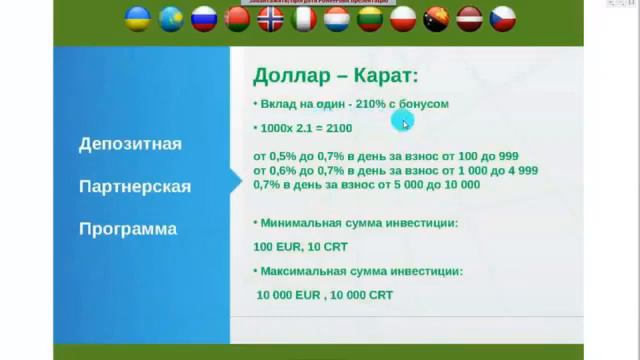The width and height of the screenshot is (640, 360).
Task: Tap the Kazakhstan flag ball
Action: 172,18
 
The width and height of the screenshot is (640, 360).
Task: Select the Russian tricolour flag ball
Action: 205,18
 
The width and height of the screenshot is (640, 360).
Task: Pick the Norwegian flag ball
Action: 271,18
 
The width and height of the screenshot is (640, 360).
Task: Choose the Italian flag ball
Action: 304,18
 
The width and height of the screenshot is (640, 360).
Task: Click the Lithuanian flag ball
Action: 370,18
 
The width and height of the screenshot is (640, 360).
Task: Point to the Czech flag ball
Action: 502,18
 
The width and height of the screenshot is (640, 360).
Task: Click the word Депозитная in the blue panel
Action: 130,145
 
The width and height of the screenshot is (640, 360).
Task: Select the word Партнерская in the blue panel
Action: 134,187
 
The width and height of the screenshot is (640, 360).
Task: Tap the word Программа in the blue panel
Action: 128,229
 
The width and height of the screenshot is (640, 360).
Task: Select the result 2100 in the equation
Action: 337,129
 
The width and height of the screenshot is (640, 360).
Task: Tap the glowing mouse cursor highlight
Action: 404,122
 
